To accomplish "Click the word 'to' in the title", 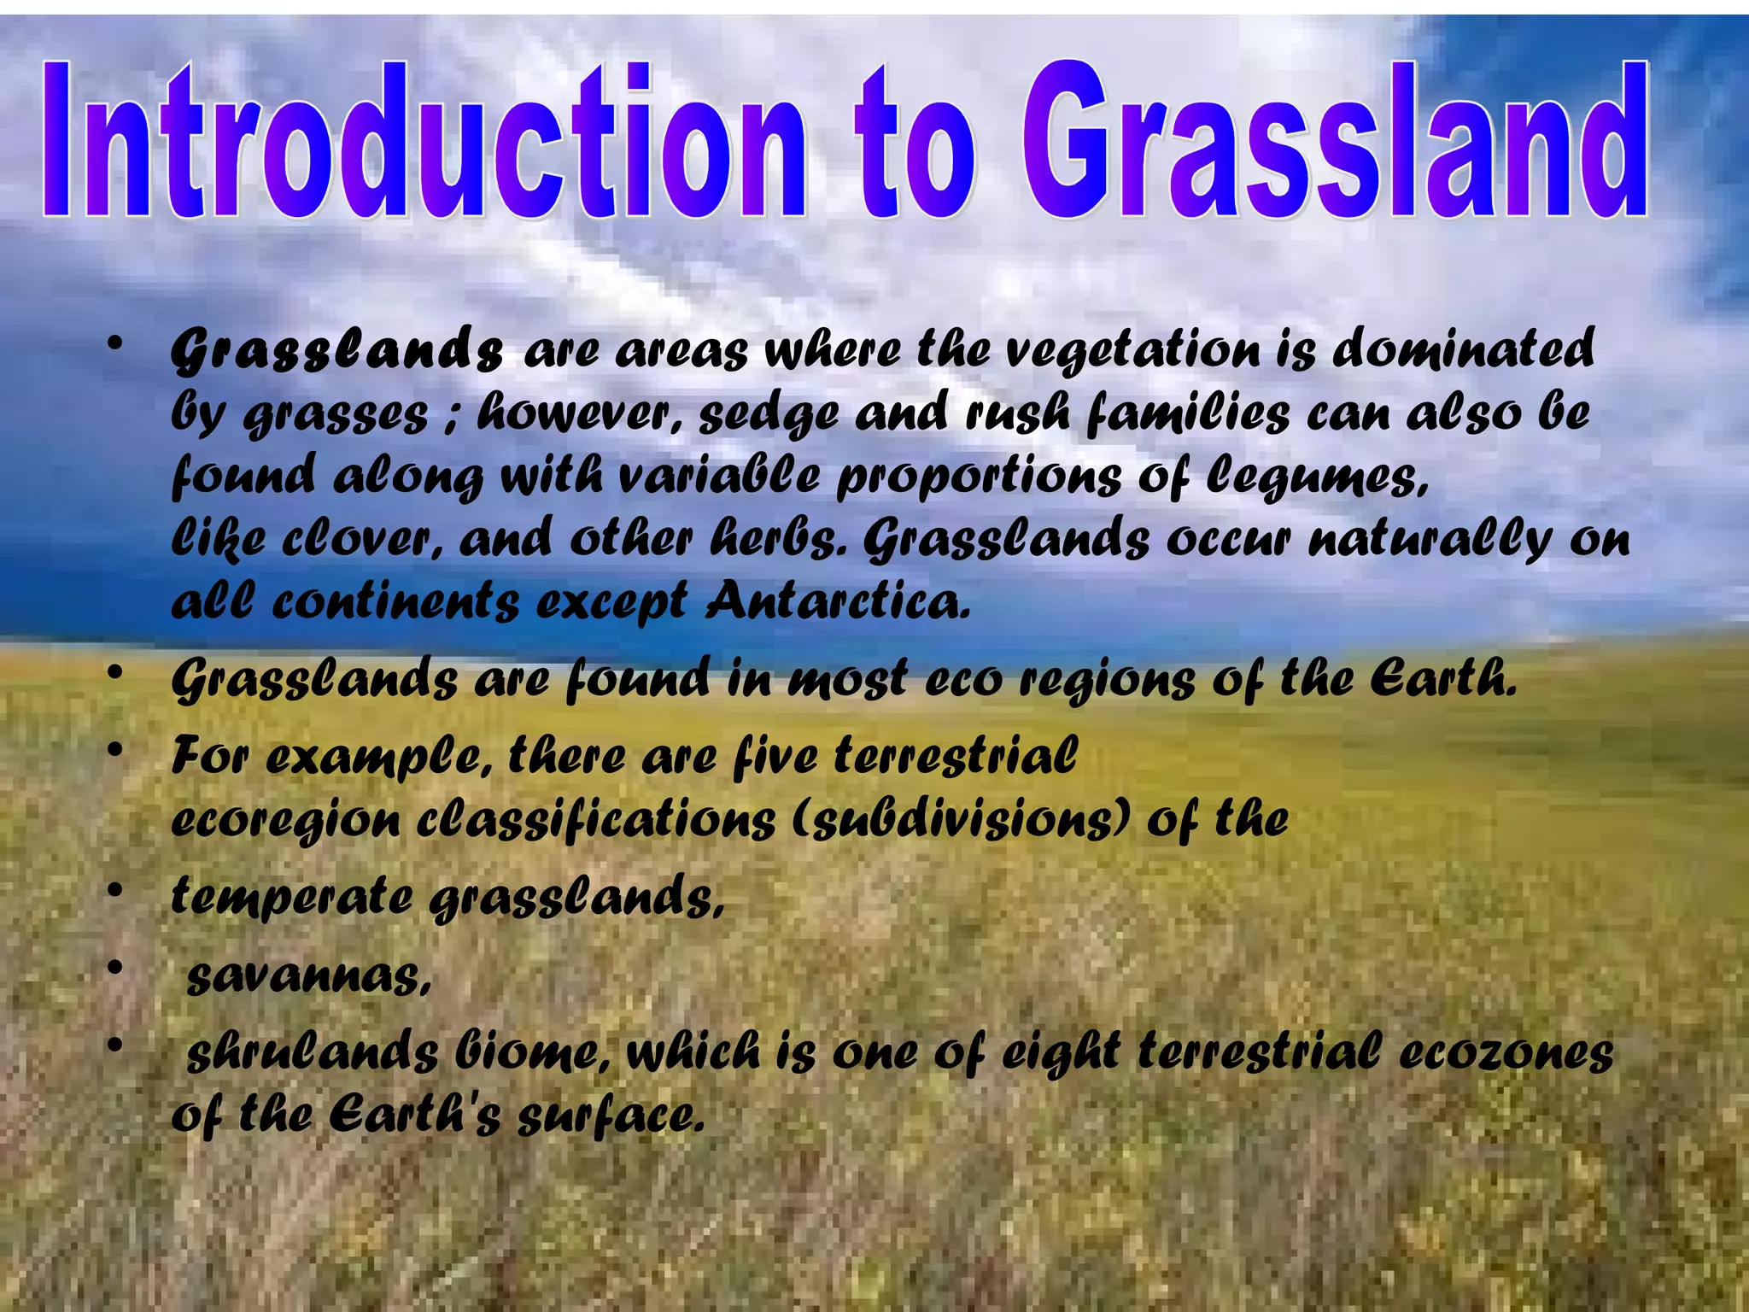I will [x=914, y=145].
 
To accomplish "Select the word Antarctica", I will [x=839, y=602].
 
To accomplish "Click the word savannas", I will [x=308, y=976].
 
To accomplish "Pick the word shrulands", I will [x=312, y=1053].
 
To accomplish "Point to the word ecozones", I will [x=1506, y=1053].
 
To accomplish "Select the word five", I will [x=775, y=757].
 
